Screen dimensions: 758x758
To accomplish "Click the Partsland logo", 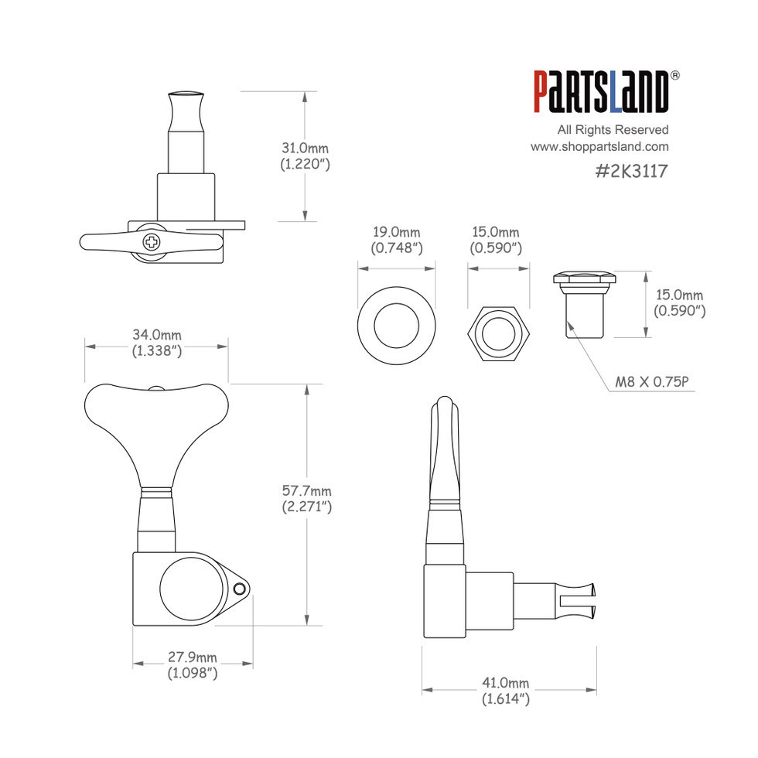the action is pyautogui.click(x=602, y=92).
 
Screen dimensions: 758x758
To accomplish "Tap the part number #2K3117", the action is pyautogui.click(x=631, y=171).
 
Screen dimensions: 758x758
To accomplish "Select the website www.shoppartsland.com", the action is pyautogui.click(x=599, y=146).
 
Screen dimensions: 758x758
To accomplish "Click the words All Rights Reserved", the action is pyautogui.click(x=613, y=130).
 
